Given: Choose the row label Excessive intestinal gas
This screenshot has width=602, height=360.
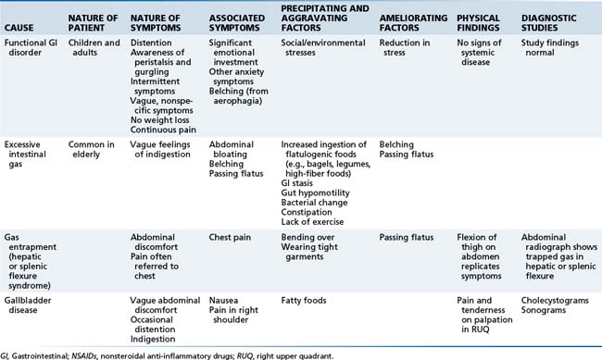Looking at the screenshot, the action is click(x=31, y=150).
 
